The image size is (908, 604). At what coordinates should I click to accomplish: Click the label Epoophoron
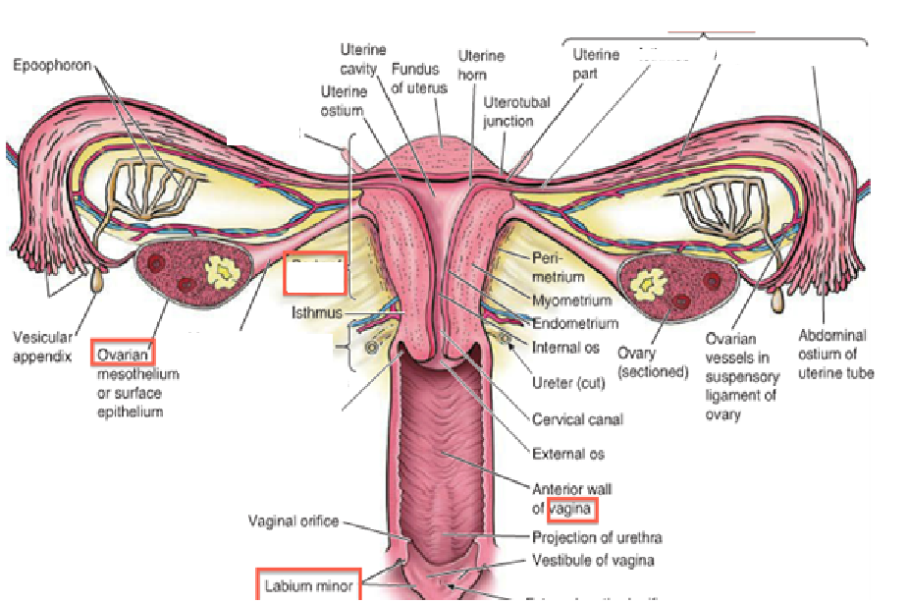point(52,65)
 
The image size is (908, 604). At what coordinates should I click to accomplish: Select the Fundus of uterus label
point(419,79)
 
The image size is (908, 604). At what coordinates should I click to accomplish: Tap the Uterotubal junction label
point(516,111)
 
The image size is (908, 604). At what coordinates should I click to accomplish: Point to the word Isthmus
point(317,314)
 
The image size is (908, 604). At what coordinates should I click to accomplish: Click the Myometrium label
point(571,301)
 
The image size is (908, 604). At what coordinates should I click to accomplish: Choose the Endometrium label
point(574,323)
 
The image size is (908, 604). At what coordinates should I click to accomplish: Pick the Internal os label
point(566,347)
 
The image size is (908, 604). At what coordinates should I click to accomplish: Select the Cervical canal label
point(577,419)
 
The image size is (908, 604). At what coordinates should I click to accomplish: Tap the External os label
point(568,454)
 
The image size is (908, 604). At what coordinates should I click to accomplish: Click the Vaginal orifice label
point(293,521)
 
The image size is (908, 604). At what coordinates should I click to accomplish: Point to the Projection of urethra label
point(597,537)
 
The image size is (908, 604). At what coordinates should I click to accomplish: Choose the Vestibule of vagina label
point(593,561)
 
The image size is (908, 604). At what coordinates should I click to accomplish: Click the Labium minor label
point(308,586)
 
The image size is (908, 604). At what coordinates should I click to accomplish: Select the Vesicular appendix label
point(42,346)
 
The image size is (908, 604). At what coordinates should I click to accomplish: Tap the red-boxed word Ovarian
point(124,353)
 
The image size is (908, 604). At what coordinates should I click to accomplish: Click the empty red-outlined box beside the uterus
point(315,275)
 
